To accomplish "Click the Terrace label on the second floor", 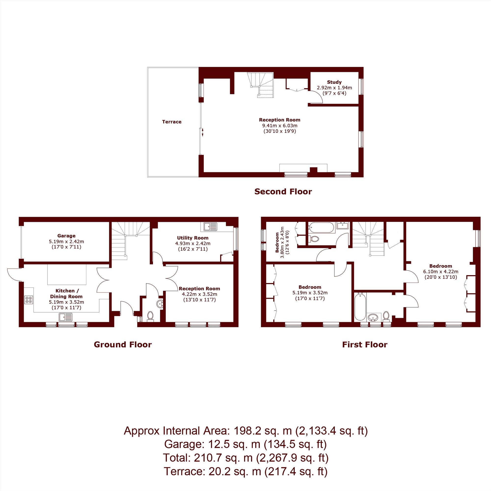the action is click(x=172, y=122).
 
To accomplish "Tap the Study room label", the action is click(x=334, y=82).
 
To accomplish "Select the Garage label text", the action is click(x=66, y=236).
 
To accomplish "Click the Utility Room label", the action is click(x=193, y=238).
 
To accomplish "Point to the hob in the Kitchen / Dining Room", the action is click(x=29, y=300).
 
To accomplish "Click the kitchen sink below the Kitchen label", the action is click(x=66, y=317).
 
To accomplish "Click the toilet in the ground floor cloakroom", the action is click(x=150, y=316).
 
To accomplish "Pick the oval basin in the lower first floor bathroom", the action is click(x=373, y=317).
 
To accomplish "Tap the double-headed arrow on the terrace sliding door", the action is click(x=203, y=132).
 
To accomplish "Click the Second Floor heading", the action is click(x=283, y=192).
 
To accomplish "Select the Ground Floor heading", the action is click(x=123, y=345).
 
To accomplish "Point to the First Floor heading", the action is click(x=365, y=345).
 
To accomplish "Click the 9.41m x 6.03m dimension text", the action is click(x=280, y=125).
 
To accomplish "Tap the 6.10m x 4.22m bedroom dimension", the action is click(x=441, y=272).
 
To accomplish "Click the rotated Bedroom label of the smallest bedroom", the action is click(x=277, y=243).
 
